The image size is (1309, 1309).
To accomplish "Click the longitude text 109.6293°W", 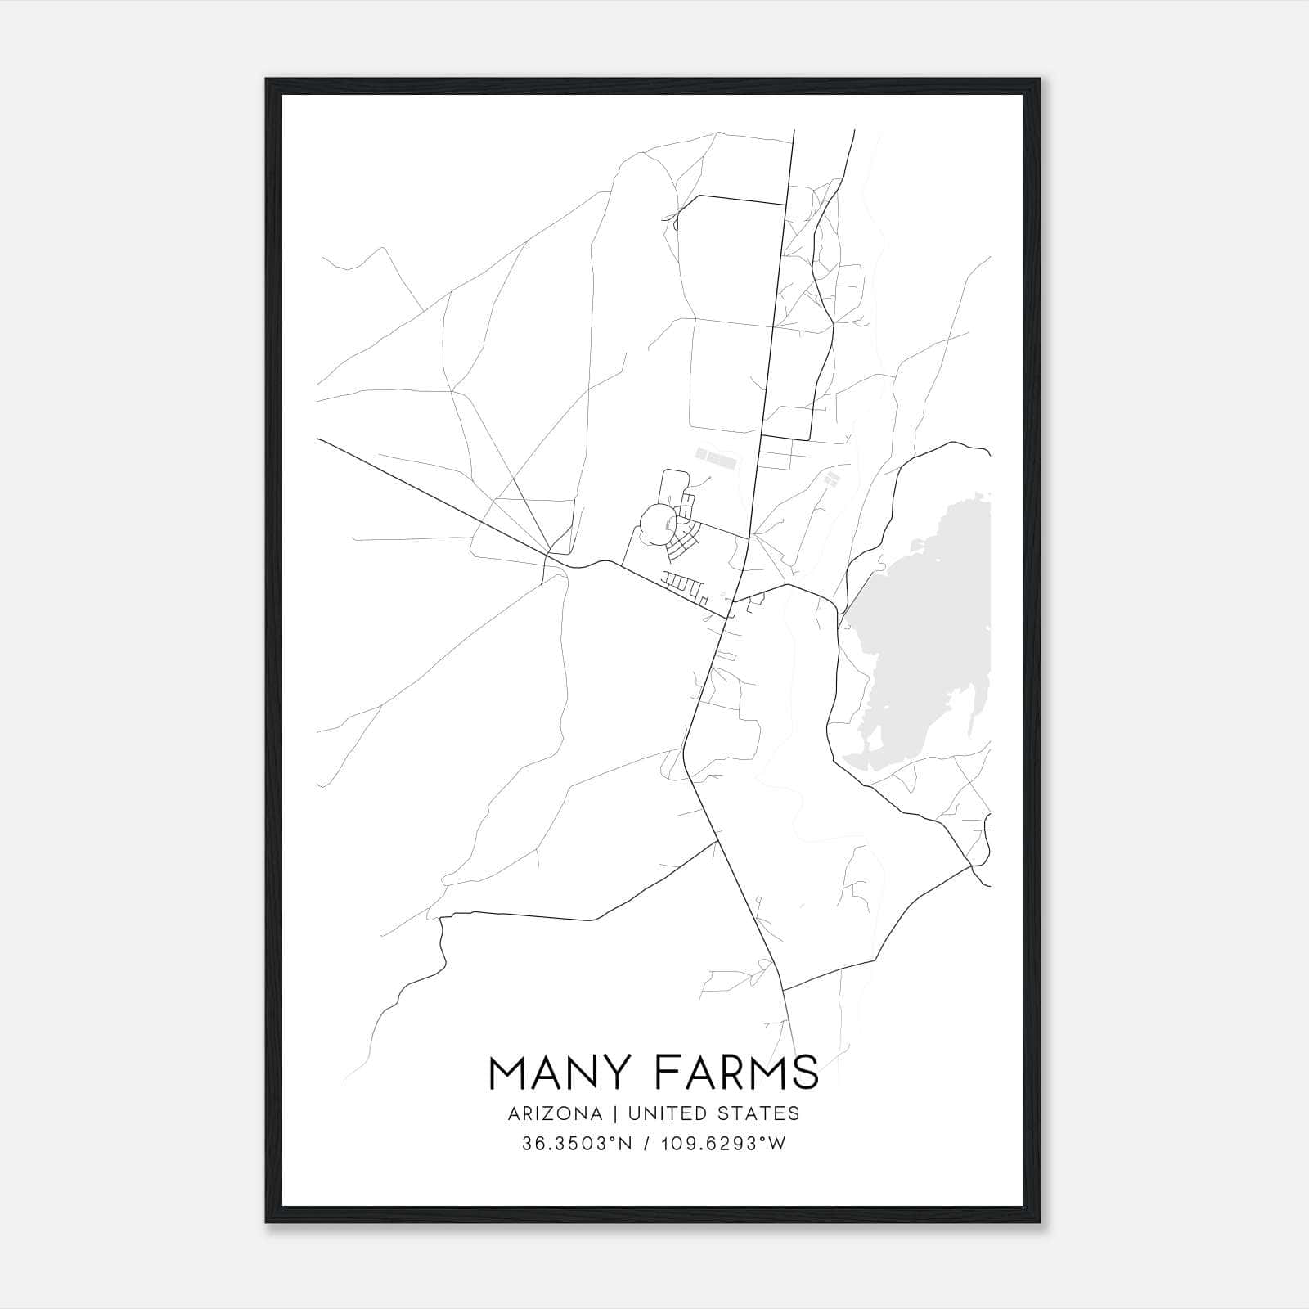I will pyautogui.click(x=722, y=1144).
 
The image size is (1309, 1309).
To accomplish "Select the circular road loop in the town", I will pyautogui.click(x=658, y=524).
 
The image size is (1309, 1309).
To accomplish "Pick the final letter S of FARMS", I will pyautogui.click(x=805, y=1073).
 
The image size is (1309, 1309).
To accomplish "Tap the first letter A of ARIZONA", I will pyautogui.click(x=514, y=1113).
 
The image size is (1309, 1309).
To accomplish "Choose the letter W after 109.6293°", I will pyautogui.click(x=777, y=1144).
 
